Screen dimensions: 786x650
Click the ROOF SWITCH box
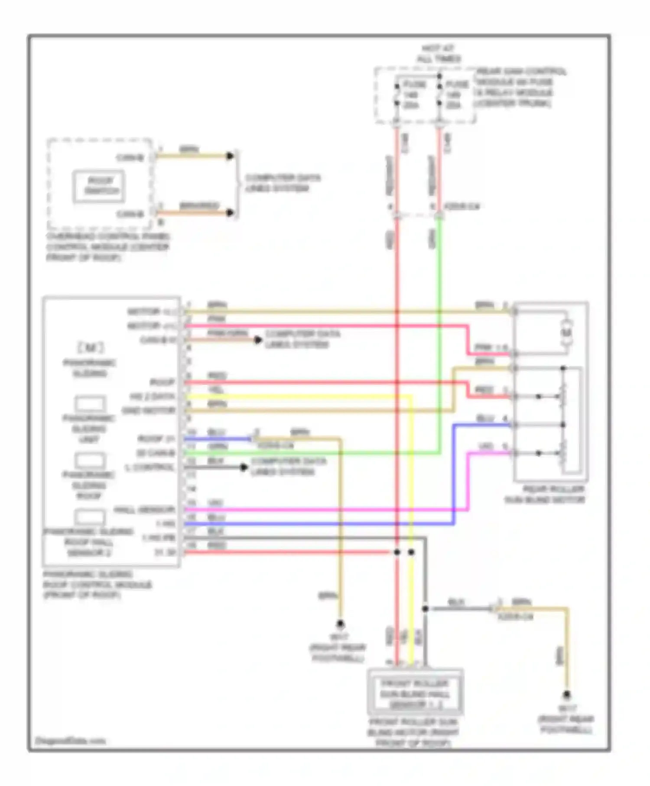[x=99, y=186]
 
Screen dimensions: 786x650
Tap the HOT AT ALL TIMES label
[x=438, y=54]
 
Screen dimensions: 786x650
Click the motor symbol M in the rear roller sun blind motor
[x=567, y=333]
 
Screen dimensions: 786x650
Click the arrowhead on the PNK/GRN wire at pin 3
[x=258, y=340]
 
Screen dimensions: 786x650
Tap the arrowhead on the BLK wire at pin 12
[x=244, y=467]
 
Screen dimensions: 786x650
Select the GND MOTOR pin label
[x=149, y=410]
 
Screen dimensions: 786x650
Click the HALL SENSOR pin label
[x=144, y=510]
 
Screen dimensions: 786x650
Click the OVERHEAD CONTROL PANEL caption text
[x=107, y=247]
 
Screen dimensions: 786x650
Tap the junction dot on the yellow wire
[x=411, y=552]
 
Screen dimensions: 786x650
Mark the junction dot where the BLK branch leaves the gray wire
[x=425, y=609]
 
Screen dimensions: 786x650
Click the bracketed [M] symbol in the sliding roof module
[x=90, y=348]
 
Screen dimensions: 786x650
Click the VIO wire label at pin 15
[x=215, y=503]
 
